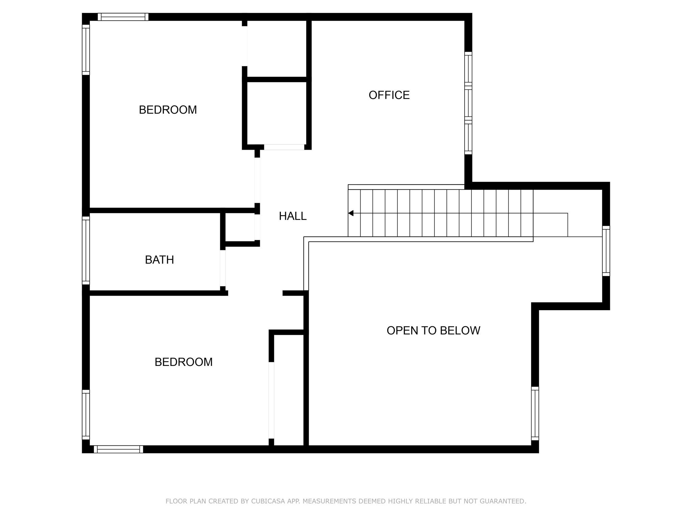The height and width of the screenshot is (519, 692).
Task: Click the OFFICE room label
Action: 389,95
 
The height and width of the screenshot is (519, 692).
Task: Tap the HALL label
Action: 293,216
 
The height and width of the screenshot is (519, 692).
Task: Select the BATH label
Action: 159,260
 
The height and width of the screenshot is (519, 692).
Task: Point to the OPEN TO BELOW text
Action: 433,330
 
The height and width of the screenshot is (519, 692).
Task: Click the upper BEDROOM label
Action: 168,110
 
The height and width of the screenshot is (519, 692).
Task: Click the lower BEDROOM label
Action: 183,362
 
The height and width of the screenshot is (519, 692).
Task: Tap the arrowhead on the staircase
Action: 351,213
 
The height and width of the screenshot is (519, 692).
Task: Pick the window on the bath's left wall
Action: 86,250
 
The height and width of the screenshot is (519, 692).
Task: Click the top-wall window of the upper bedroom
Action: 123,17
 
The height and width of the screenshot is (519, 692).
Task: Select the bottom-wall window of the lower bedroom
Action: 118,449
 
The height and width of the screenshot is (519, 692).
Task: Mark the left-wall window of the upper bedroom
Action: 86,50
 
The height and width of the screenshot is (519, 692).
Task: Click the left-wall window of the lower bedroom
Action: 86,415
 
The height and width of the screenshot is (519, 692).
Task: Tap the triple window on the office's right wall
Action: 468,103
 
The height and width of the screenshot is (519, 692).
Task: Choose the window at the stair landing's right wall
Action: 606,251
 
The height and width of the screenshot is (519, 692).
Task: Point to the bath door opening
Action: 223,268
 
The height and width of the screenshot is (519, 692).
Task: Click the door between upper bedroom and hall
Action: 257,180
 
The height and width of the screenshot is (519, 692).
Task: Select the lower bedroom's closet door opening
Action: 271,400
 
